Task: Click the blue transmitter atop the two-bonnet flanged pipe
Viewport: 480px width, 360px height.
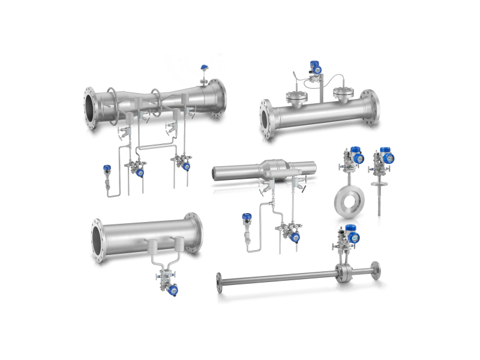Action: pos(314,68)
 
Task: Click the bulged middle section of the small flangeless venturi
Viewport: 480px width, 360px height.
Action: pos(276,169)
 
